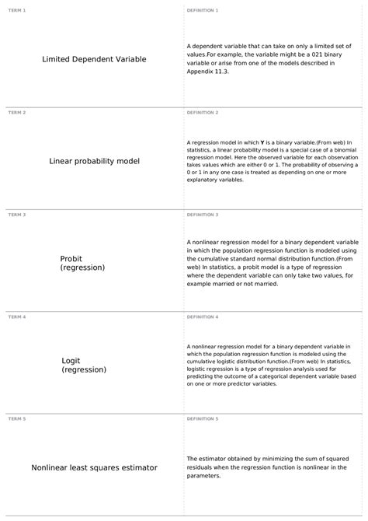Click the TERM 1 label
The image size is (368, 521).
click(x=16, y=10)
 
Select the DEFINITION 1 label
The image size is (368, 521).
click(x=203, y=10)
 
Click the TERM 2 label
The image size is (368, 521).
click(x=16, y=113)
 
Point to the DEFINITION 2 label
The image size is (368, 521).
click(x=203, y=113)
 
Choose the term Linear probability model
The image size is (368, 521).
click(x=94, y=162)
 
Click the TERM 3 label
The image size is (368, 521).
click(x=16, y=215)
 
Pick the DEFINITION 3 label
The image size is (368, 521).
click(x=203, y=215)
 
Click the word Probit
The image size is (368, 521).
click(x=71, y=259)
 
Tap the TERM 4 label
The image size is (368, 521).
click(x=16, y=317)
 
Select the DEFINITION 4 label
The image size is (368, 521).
click(x=203, y=317)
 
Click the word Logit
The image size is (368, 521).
click(x=70, y=361)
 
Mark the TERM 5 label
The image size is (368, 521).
click(x=16, y=419)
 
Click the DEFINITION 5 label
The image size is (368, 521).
click(x=203, y=419)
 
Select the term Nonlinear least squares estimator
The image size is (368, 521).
click(x=94, y=468)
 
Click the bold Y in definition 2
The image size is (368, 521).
click(x=263, y=143)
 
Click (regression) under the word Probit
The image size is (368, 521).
click(x=82, y=267)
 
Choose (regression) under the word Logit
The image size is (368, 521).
click(x=84, y=370)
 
